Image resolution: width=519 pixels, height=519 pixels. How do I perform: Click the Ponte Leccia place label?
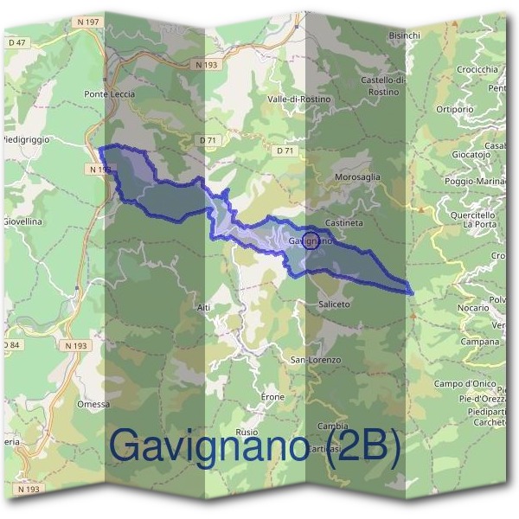point(110,94)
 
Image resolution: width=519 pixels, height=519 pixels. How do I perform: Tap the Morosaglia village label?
point(357,176)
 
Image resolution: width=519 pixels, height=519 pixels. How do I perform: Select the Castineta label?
point(344,222)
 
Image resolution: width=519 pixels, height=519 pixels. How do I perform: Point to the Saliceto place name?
point(334,304)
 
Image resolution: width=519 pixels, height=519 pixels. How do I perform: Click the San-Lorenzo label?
point(315,359)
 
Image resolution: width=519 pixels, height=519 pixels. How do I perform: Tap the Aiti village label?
point(203,307)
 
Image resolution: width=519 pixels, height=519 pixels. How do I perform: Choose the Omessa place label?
point(93,404)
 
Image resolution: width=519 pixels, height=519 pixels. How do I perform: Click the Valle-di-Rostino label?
point(299,99)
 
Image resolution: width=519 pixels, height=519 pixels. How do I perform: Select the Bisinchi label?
point(405,35)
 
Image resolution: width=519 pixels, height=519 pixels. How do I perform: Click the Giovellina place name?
point(23,221)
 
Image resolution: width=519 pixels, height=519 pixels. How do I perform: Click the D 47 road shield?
point(17,42)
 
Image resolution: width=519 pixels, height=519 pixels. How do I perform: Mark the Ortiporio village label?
point(454,110)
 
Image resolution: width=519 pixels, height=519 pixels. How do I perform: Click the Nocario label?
point(473,307)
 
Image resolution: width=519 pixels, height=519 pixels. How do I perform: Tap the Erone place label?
point(272,396)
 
